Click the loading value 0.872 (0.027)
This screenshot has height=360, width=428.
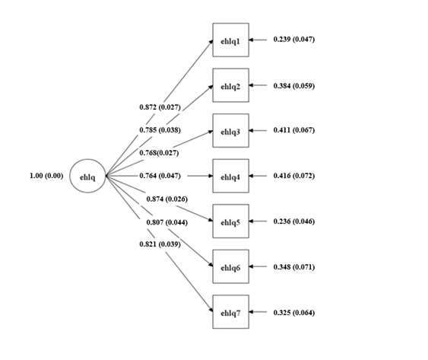pyautogui.click(x=160, y=107)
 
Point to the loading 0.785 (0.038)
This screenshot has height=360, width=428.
pyautogui.click(x=160, y=130)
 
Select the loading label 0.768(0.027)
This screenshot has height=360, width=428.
pyautogui.click(x=159, y=153)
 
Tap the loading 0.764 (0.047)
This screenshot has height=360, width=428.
pyautogui.click(x=160, y=176)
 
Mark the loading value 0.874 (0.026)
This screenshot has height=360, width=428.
pyautogui.click(x=167, y=199)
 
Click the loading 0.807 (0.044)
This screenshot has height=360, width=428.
pyautogui.click(x=167, y=222)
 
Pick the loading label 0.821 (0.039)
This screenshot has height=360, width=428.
pyautogui.click(x=160, y=244)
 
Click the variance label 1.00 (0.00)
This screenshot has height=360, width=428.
pyautogui.click(x=46, y=176)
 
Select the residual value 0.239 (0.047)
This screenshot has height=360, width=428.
pyautogui.click(x=294, y=40)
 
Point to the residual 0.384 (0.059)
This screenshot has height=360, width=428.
pyautogui.click(x=294, y=86)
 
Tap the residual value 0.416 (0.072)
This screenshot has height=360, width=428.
pyautogui.click(x=294, y=176)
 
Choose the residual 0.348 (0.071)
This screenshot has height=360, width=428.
pyautogui.click(x=294, y=267)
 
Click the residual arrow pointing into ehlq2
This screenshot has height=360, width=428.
pyautogui.click(x=258, y=85)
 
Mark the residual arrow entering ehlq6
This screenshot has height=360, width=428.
pyautogui.click(x=258, y=266)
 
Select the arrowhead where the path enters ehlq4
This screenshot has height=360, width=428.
pyautogui.click(x=211, y=176)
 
